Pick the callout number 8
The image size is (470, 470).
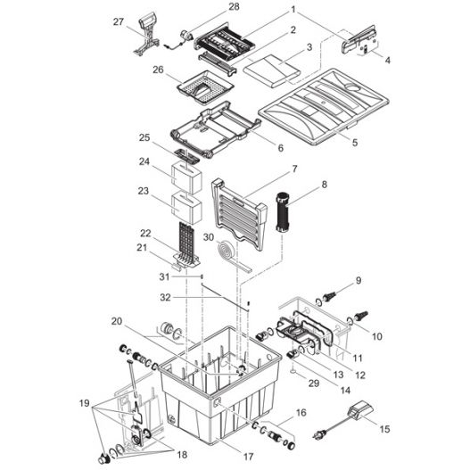[323, 186]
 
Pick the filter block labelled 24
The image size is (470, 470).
[186, 177]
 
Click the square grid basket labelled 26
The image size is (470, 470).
[206, 89]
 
